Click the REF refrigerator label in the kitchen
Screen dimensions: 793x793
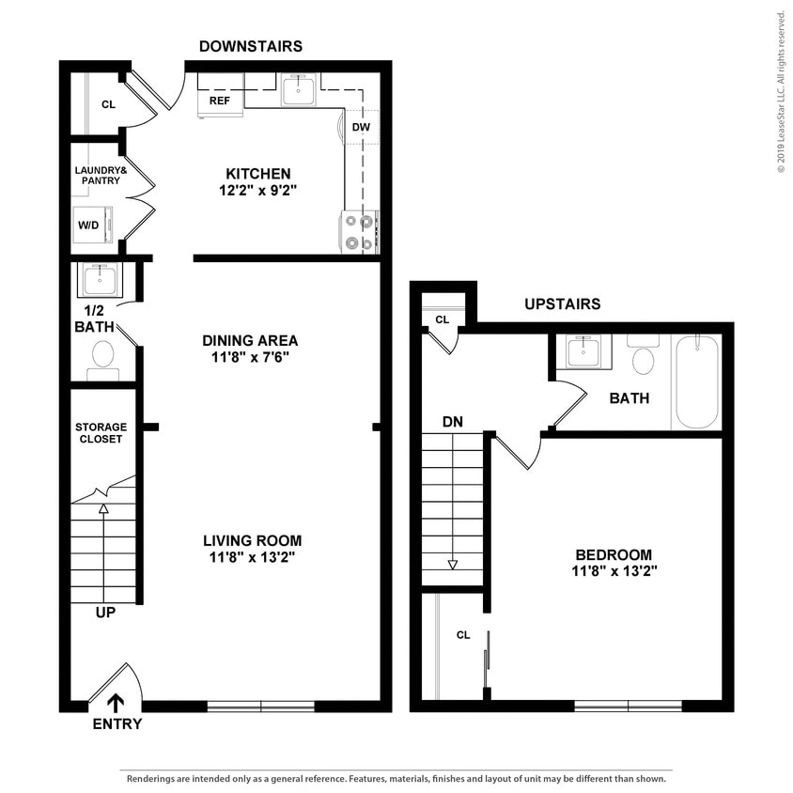219,100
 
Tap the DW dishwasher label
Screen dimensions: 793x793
361,126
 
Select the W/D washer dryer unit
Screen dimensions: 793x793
93,225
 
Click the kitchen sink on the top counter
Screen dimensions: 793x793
300,90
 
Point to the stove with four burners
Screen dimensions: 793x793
358,232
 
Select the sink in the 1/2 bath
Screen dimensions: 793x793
100,279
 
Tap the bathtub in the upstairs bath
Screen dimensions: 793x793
696,382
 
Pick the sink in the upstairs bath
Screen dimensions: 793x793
583,352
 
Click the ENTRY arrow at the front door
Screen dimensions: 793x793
117,703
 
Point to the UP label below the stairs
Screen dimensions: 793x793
106,613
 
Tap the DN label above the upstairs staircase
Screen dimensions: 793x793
453,422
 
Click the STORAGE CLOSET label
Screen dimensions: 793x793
100,433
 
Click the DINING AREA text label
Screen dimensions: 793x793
250,340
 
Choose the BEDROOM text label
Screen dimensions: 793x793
614,554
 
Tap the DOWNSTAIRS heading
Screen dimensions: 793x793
250,46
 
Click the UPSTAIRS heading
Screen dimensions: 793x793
562,304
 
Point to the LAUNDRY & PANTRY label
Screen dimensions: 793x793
100,175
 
